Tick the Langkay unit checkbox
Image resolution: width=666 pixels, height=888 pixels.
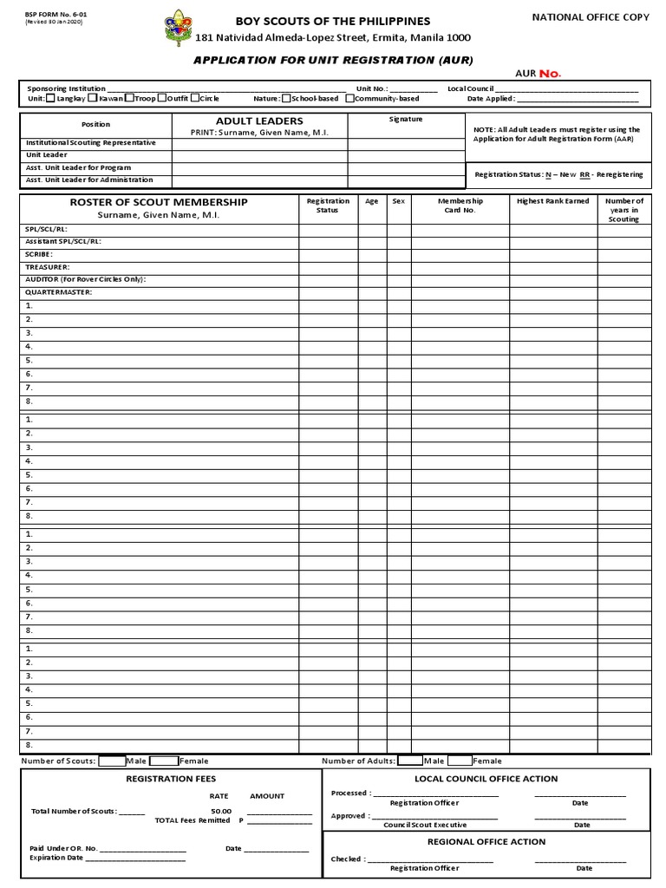click(x=50, y=99)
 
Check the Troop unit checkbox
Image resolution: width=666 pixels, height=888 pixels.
click(x=128, y=99)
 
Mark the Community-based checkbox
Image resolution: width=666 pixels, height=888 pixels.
click(x=349, y=99)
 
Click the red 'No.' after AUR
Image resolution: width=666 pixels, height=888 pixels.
click(x=550, y=74)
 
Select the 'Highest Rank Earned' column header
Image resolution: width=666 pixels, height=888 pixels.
click(x=552, y=201)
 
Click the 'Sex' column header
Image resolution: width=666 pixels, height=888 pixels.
click(x=398, y=201)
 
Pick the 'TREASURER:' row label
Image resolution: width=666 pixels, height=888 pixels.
click(x=48, y=267)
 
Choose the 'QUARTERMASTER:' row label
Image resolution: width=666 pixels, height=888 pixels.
click(x=59, y=292)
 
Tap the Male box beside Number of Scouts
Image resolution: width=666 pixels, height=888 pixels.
click(x=112, y=761)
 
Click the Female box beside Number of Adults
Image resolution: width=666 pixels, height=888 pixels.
click(x=460, y=761)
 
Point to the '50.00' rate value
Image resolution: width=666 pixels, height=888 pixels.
click(x=220, y=811)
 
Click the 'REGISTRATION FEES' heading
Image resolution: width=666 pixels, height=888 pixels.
click(x=171, y=779)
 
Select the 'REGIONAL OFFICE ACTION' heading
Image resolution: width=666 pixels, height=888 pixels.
click(x=486, y=841)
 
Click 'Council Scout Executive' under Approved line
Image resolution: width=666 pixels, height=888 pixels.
click(x=425, y=825)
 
